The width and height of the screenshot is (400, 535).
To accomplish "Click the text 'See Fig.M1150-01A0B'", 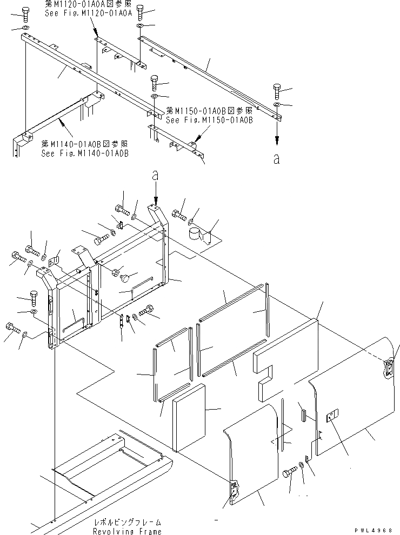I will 210,120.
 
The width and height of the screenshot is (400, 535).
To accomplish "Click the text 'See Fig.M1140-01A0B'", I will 85,153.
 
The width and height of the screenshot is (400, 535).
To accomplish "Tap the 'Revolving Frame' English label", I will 127,531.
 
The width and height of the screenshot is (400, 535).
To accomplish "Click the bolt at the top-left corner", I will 25,13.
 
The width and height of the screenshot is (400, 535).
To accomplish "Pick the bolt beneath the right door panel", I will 289,473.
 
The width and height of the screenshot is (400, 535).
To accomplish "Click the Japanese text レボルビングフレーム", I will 126,523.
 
